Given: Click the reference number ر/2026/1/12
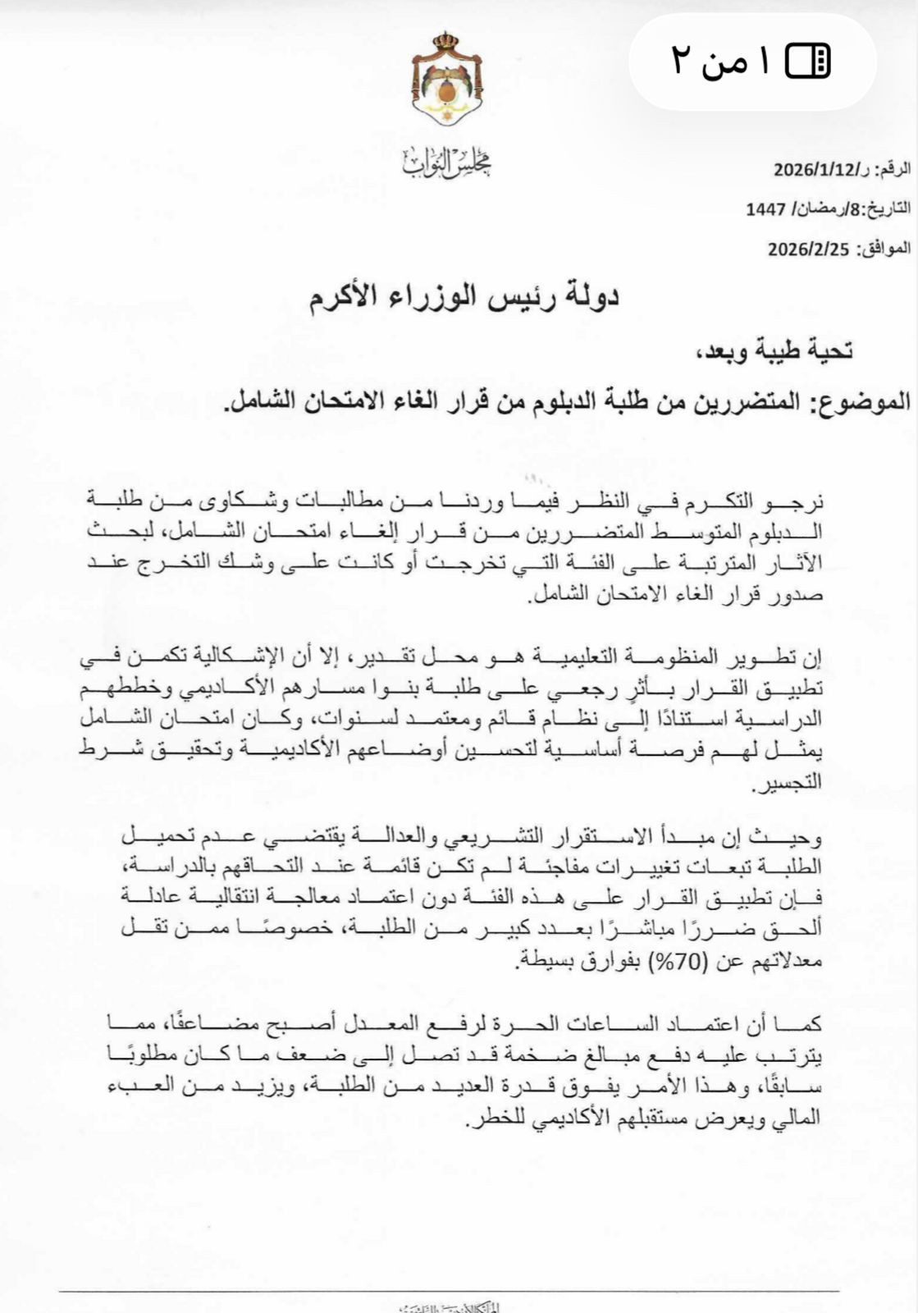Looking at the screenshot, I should click(824, 171).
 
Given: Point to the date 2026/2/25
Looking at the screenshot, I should click(807, 249).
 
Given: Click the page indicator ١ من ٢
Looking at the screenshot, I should click(721, 61).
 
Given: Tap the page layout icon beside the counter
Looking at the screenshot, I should click(808, 61).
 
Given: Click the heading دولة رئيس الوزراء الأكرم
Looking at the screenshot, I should click(464, 298).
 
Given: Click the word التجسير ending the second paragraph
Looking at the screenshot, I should click(788, 785).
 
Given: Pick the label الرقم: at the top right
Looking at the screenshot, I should click(893, 171).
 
